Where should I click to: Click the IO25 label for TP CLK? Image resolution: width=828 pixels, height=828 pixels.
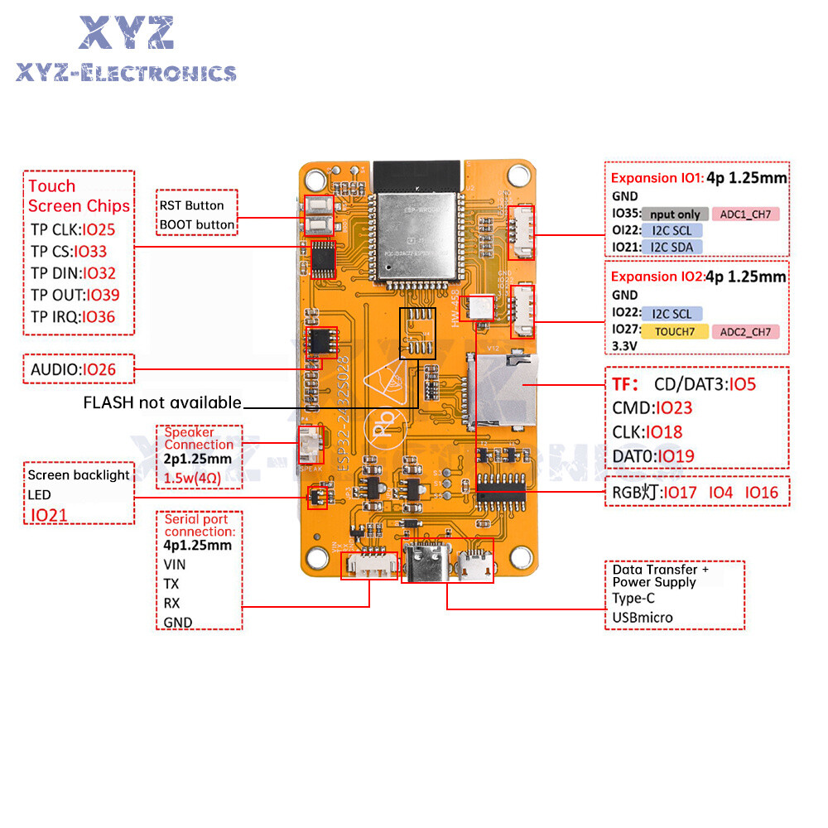pos(99,229)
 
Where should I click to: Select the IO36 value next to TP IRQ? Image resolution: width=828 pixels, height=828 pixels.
pos(99,316)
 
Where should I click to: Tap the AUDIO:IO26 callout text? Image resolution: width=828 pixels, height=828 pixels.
pos(74,369)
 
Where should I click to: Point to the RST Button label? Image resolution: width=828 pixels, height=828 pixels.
pos(191,205)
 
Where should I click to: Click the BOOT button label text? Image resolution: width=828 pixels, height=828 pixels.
pos(197,224)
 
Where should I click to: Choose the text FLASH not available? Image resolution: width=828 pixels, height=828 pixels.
pos(162,403)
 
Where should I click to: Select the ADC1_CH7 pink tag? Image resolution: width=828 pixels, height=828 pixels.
pos(745,214)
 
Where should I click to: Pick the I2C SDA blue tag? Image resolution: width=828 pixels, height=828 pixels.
pos(671,247)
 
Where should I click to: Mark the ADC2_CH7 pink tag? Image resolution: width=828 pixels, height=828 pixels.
pos(745,332)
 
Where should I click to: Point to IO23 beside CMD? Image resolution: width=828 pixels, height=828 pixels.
pos(673,408)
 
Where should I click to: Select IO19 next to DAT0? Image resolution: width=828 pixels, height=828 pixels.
pos(676,455)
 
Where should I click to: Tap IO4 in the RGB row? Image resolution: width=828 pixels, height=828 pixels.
pos(720,493)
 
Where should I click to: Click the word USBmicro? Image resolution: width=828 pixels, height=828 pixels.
pos(643,617)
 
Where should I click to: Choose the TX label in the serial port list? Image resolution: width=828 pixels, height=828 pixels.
pos(171,584)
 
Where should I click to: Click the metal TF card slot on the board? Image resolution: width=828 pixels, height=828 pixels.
pos(505,389)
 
